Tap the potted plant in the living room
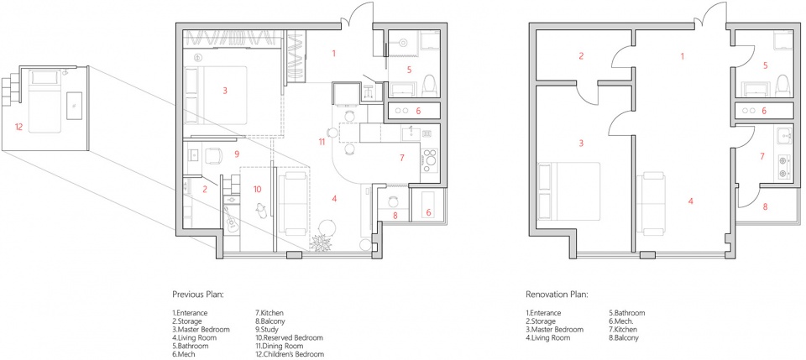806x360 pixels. pyautogui.click(x=322, y=243)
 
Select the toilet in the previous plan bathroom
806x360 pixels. pyautogui.click(x=429, y=86)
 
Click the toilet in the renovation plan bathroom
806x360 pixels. pyautogui.click(x=782, y=86)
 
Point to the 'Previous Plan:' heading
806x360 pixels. pyautogui.click(x=197, y=295)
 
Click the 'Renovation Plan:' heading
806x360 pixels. pyautogui.click(x=556, y=295)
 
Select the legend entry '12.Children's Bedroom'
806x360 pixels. pyautogui.click(x=290, y=354)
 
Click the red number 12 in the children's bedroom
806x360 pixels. pyautogui.click(x=19, y=127)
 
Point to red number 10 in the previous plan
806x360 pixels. pyautogui.click(x=258, y=189)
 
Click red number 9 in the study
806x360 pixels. pyautogui.click(x=237, y=153)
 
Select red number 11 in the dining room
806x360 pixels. pyautogui.click(x=322, y=143)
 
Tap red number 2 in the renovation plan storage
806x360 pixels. pyautogui.click(x=581, y=56)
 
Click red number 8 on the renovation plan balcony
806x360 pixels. pyautogui.click(x=765, y=207)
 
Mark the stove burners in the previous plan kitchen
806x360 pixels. pyautogui.click(x=428, y=159)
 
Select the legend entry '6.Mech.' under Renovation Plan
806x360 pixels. pyautogui.click(x=620, y=321)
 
